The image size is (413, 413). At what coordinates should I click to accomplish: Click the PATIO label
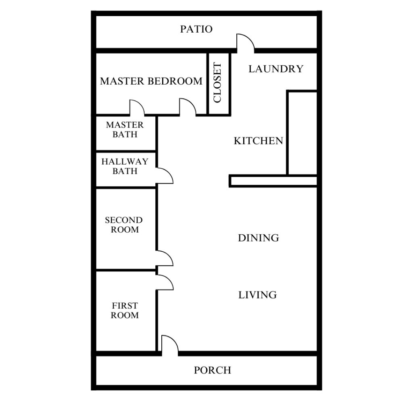click(196, 29)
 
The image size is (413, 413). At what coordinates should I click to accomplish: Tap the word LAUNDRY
click(276, 69)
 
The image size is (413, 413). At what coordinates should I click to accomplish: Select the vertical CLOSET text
click(217, 82)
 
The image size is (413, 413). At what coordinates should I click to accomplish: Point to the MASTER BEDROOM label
click(151, 81)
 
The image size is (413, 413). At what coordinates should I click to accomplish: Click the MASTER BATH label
click(125, 129)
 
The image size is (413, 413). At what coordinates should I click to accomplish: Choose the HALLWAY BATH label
click(125, 166)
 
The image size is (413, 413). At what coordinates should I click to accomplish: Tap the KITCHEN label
click(259, 141)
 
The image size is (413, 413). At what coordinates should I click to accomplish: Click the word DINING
click(259, 238)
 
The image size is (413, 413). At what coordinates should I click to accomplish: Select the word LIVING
click(258, 295)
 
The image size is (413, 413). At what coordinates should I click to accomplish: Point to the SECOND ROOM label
click(124, 225)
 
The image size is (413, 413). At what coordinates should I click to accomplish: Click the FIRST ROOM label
click(125, 311)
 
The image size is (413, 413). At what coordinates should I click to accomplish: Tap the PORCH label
click(213, 370)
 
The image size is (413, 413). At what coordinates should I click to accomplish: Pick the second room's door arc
click(169, 255)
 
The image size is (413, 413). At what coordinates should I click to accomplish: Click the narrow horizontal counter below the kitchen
click(273, 181)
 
